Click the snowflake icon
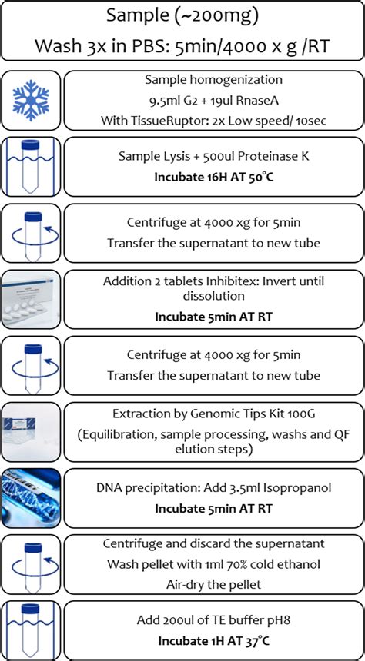(x=31, y=101)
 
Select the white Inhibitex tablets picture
(x=31, y=298)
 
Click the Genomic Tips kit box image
(x=31, y=430)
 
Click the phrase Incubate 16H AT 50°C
(x=213, y=176)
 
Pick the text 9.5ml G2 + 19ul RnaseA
(x=213, y=100)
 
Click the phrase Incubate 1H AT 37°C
(x=213, y=639)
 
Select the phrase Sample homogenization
(x=213, y=80)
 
